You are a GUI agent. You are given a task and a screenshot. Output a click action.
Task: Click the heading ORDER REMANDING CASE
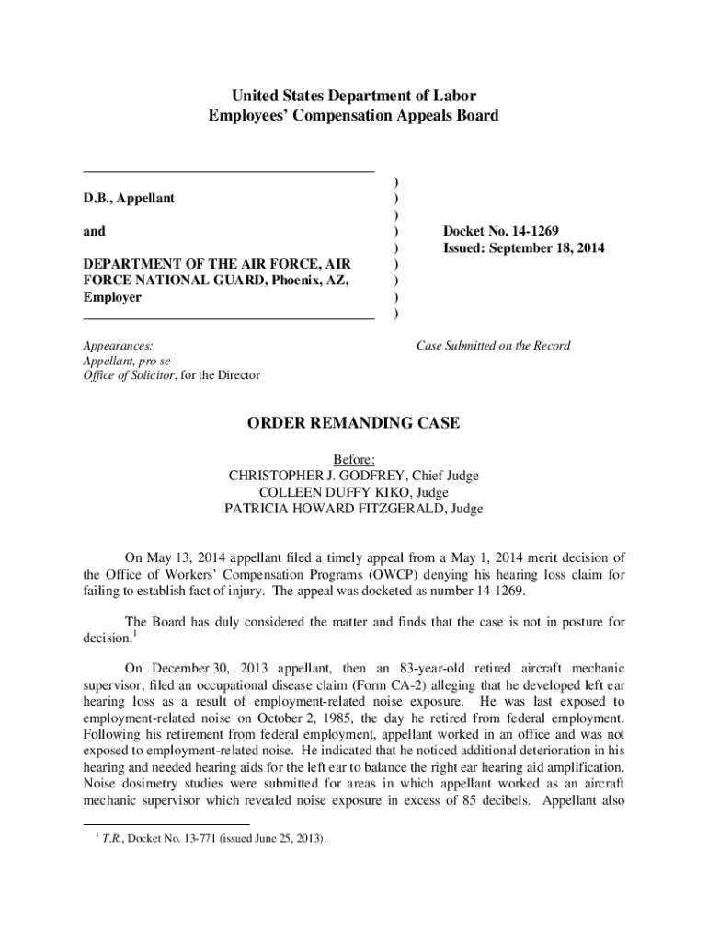click(354, 423)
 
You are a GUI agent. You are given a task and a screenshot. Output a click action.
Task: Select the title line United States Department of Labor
click(354, 96)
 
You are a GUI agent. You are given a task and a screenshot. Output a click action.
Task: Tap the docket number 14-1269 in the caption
click(529, 231)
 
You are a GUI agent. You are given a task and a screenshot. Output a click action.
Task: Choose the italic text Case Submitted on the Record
click(493, 346)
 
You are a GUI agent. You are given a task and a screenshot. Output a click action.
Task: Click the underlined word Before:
click(354, 459)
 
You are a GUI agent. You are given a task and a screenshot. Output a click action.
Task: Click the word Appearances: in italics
click(118, 346)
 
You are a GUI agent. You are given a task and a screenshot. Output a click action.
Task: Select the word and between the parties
click(94, 231)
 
